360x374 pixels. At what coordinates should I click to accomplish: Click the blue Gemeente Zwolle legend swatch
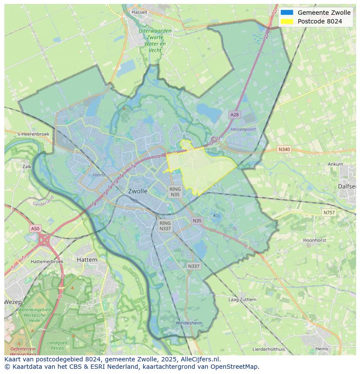tap(287, 13)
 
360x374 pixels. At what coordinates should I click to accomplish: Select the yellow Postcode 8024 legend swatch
tap(287, 21)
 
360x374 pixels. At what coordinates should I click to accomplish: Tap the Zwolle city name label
tap(137, 191)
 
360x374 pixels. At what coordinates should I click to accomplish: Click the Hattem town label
tap(87, 260)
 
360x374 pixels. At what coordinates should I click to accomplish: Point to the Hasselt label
tap(140, 12)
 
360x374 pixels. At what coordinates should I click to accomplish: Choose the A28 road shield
tap(234, 115)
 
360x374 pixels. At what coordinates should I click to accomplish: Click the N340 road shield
tap(284, 149)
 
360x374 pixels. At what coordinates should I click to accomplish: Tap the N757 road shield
tap(329, 213)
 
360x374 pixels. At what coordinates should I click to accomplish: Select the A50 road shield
tap(35, 228)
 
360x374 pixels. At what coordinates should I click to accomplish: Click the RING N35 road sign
tap(175, 192)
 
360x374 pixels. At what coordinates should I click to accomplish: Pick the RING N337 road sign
tap(165, 226)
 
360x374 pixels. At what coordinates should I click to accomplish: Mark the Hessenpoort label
tap(243, 129)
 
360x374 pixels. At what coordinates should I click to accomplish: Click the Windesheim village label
tap(189, 323)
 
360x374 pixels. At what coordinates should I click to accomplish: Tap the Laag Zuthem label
tap(242, 299)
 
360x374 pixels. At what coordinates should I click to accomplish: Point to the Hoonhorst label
tap(314, 240)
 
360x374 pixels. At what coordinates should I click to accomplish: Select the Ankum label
tap(335, 164)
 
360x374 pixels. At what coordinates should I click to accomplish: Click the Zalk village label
tap(27, 166)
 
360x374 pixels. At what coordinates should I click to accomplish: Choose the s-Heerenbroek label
tap(33, 134)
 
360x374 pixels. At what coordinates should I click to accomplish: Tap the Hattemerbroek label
tap(47, 261)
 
